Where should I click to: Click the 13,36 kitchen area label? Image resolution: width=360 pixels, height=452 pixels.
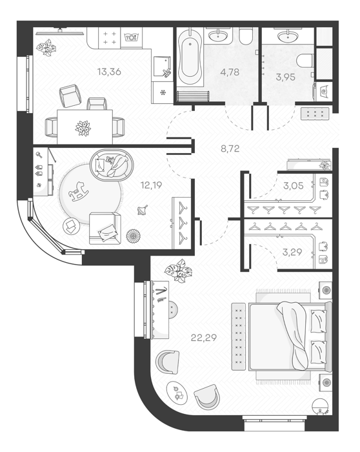(109, 72)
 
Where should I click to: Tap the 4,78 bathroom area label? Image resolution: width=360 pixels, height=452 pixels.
(230, 72)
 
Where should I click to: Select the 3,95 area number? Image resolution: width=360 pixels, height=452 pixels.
(285, 77)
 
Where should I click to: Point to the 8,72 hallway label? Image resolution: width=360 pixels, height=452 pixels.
(230, 149)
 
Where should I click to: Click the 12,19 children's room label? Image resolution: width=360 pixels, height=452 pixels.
(151, 185)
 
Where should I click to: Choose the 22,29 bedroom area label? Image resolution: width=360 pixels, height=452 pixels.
(204, 337)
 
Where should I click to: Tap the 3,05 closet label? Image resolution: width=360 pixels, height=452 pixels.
(293, 186)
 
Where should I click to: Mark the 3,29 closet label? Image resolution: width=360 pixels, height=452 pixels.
(292, 252)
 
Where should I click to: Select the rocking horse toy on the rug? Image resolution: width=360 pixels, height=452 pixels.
(78, 192)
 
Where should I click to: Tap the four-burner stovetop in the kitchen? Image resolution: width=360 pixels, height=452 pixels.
(110, 37)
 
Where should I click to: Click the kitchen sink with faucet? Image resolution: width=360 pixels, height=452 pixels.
(163, 67)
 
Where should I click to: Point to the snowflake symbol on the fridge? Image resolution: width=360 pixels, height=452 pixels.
(163, 92)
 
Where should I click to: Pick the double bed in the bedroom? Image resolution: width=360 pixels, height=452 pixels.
(290, 336)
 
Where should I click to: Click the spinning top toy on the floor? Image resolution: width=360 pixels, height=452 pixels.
(143, 211)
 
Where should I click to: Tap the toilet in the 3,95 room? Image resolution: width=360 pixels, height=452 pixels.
(305, 60)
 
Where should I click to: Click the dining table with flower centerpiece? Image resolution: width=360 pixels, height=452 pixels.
(85, 127)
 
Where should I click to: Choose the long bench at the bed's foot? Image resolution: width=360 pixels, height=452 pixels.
(239, 336)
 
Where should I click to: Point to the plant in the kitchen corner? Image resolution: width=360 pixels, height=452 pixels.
(46, 47)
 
